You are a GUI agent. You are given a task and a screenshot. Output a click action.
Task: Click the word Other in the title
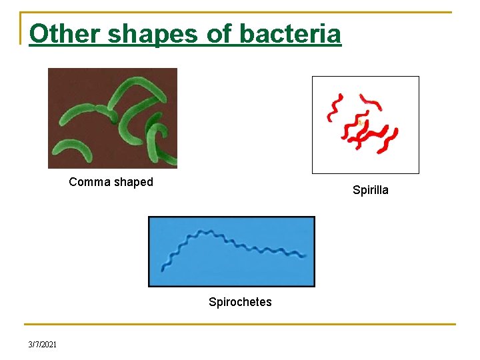(62, 33)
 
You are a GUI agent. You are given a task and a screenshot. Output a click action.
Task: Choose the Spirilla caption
(370, 190)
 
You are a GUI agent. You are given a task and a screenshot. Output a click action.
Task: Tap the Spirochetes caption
(240, 302)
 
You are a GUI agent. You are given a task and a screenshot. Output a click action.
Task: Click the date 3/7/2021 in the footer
(43, 344)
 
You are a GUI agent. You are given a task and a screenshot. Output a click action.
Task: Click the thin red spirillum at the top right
(371, 103)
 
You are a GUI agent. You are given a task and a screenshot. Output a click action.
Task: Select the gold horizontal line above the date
(240, 325)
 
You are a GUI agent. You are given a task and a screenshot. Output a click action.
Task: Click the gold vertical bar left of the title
(21, 28)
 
